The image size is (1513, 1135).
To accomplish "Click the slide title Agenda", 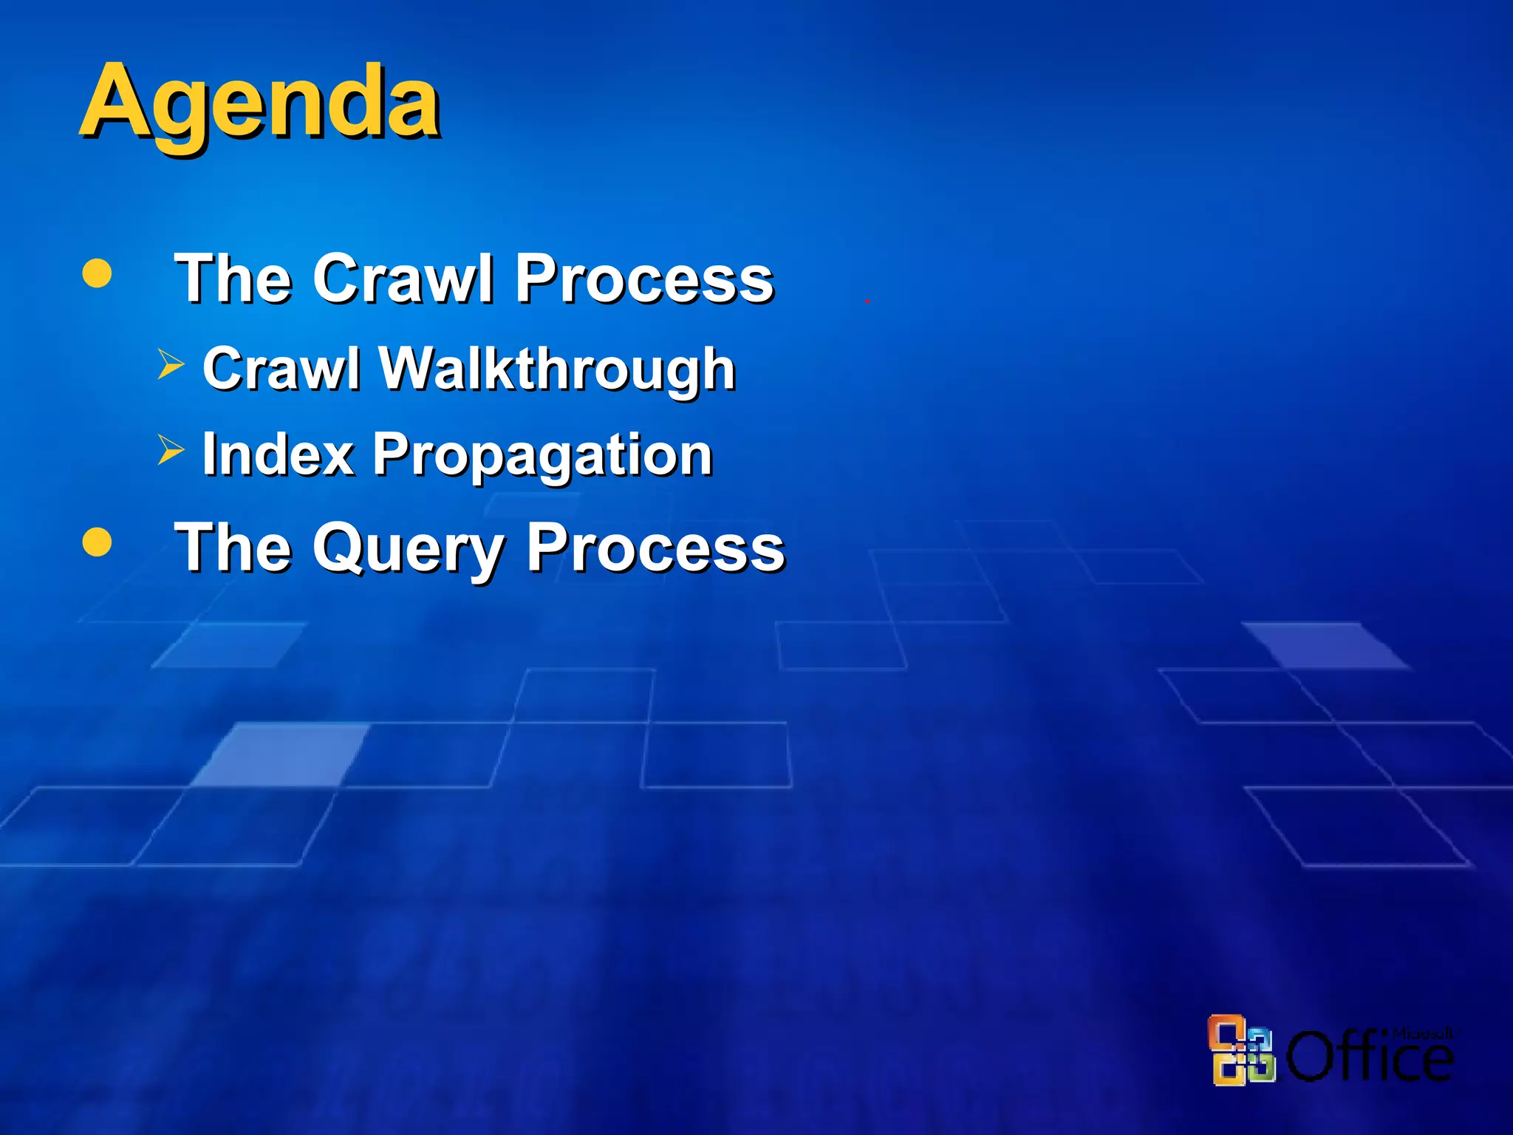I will pyautogui.click(x=260, y=103).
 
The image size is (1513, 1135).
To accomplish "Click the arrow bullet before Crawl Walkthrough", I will pyautogui.click(x=171, y=365).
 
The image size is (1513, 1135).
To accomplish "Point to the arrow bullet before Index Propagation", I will pyautogui.click(x=171, y=450).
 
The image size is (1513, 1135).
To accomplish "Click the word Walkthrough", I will pyautogui.click(x=557, y=369).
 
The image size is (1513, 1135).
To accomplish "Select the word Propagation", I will pyautogui.click(x=542, y=455).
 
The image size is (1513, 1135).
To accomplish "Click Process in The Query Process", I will pyautogui.click(x=655, y=548).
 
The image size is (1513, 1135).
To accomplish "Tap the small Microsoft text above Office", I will pyautogui.click(x=1422, y=1033).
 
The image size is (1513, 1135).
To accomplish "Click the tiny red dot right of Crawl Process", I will pyautogui.click(x=867, y=301).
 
